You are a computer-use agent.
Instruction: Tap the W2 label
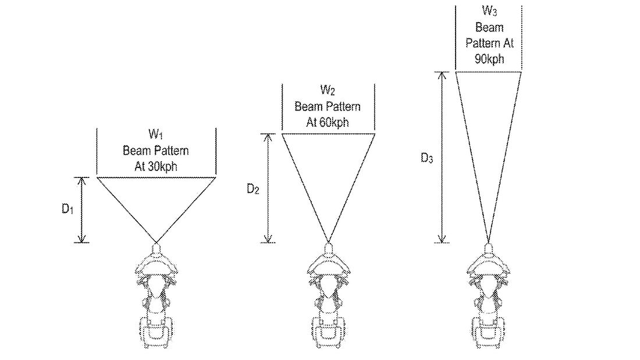pos(327,91)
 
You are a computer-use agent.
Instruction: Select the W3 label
pos(488,11)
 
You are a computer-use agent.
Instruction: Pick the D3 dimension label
pos(426,159)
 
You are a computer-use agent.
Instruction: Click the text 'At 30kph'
pos(155,165)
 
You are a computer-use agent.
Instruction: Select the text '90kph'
pos(488,59)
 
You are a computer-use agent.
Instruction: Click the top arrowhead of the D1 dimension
pos(83,180)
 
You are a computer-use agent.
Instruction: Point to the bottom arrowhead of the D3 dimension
pos(443,238)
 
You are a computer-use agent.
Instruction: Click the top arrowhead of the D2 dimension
pos(268,137)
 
